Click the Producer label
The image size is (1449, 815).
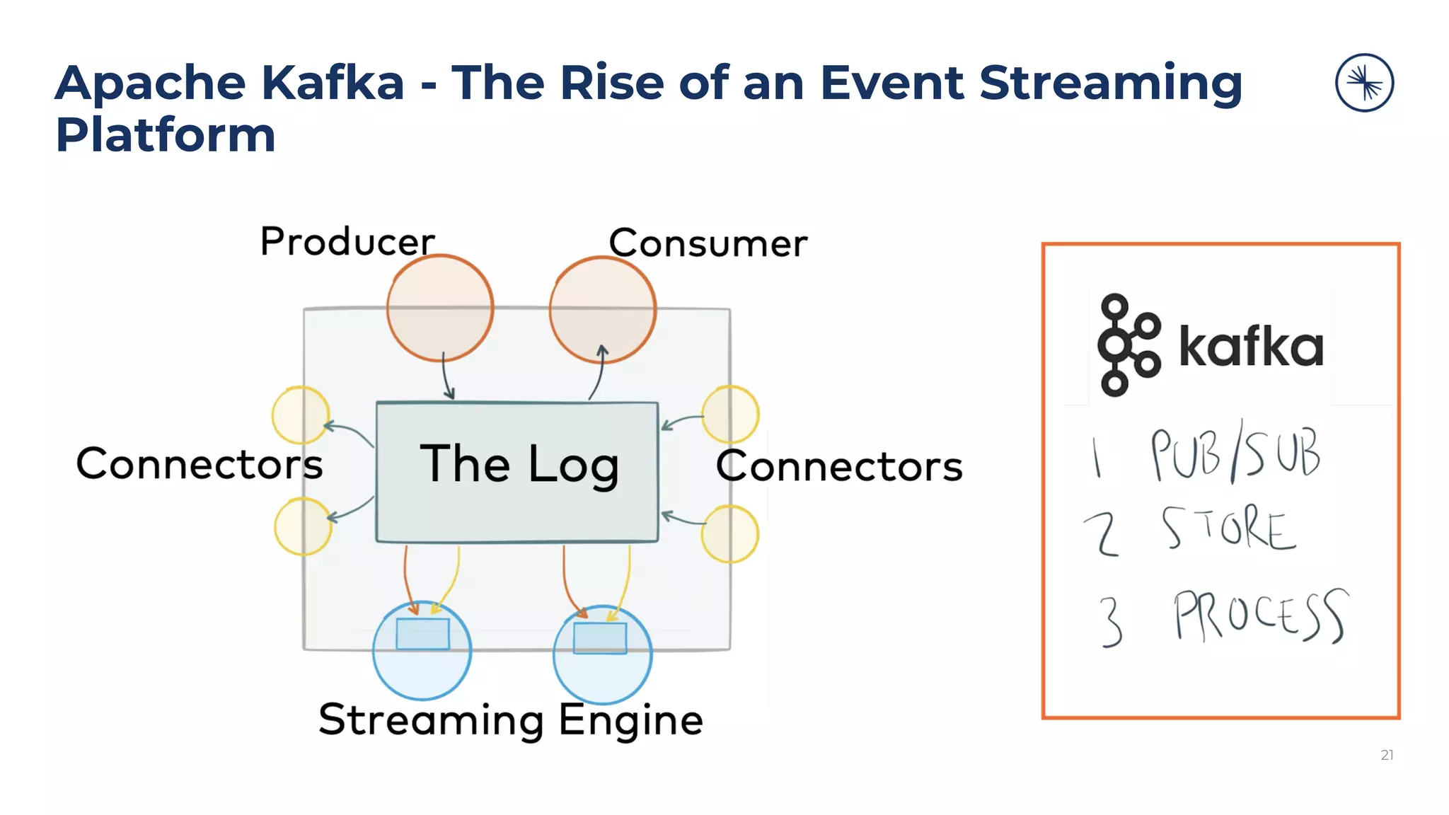[x=347, y=241]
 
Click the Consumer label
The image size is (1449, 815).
[x=708, y=243]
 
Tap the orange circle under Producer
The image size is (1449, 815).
[x=439, y=308]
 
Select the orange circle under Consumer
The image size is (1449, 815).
[x=603, y=310]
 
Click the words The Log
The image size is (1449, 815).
[x=519, y=464]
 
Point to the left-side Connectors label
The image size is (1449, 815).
[x=200, y=464]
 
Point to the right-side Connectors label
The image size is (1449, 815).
[x=839, y=466]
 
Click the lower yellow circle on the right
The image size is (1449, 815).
[x=730, y=534]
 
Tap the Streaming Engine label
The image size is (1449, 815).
[x=511, y=719]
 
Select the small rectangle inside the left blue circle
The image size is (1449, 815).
[x=422, y=634]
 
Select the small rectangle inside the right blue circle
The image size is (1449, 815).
[x=600, y=638]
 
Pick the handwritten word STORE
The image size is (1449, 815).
[x=1228, y=528]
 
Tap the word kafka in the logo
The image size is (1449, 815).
[x=1251, y=347]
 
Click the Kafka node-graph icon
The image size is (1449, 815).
[x=1128, y=345]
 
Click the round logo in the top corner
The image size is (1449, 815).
[x=1364, y=83]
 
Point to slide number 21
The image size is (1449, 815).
[x=1387, y=755]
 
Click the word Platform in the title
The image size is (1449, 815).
[x=166, y=134]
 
